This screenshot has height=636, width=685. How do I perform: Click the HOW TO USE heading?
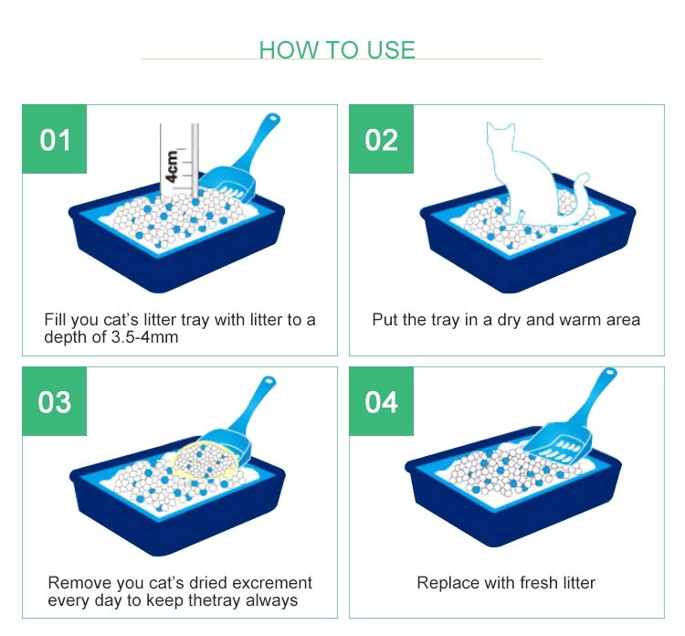337,50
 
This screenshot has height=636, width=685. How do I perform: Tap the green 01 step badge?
54,139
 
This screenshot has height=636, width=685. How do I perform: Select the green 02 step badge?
381,139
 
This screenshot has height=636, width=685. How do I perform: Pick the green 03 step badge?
54,401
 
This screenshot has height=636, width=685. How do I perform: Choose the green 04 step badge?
381,401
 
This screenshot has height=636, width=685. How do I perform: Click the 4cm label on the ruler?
172,166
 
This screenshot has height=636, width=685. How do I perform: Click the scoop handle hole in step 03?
269,381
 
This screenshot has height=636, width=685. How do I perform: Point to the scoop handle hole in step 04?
610,374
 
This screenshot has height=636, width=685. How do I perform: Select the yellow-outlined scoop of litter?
205,461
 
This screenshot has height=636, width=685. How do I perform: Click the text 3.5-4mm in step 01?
144,337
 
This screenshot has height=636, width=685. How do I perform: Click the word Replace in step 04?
444,584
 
